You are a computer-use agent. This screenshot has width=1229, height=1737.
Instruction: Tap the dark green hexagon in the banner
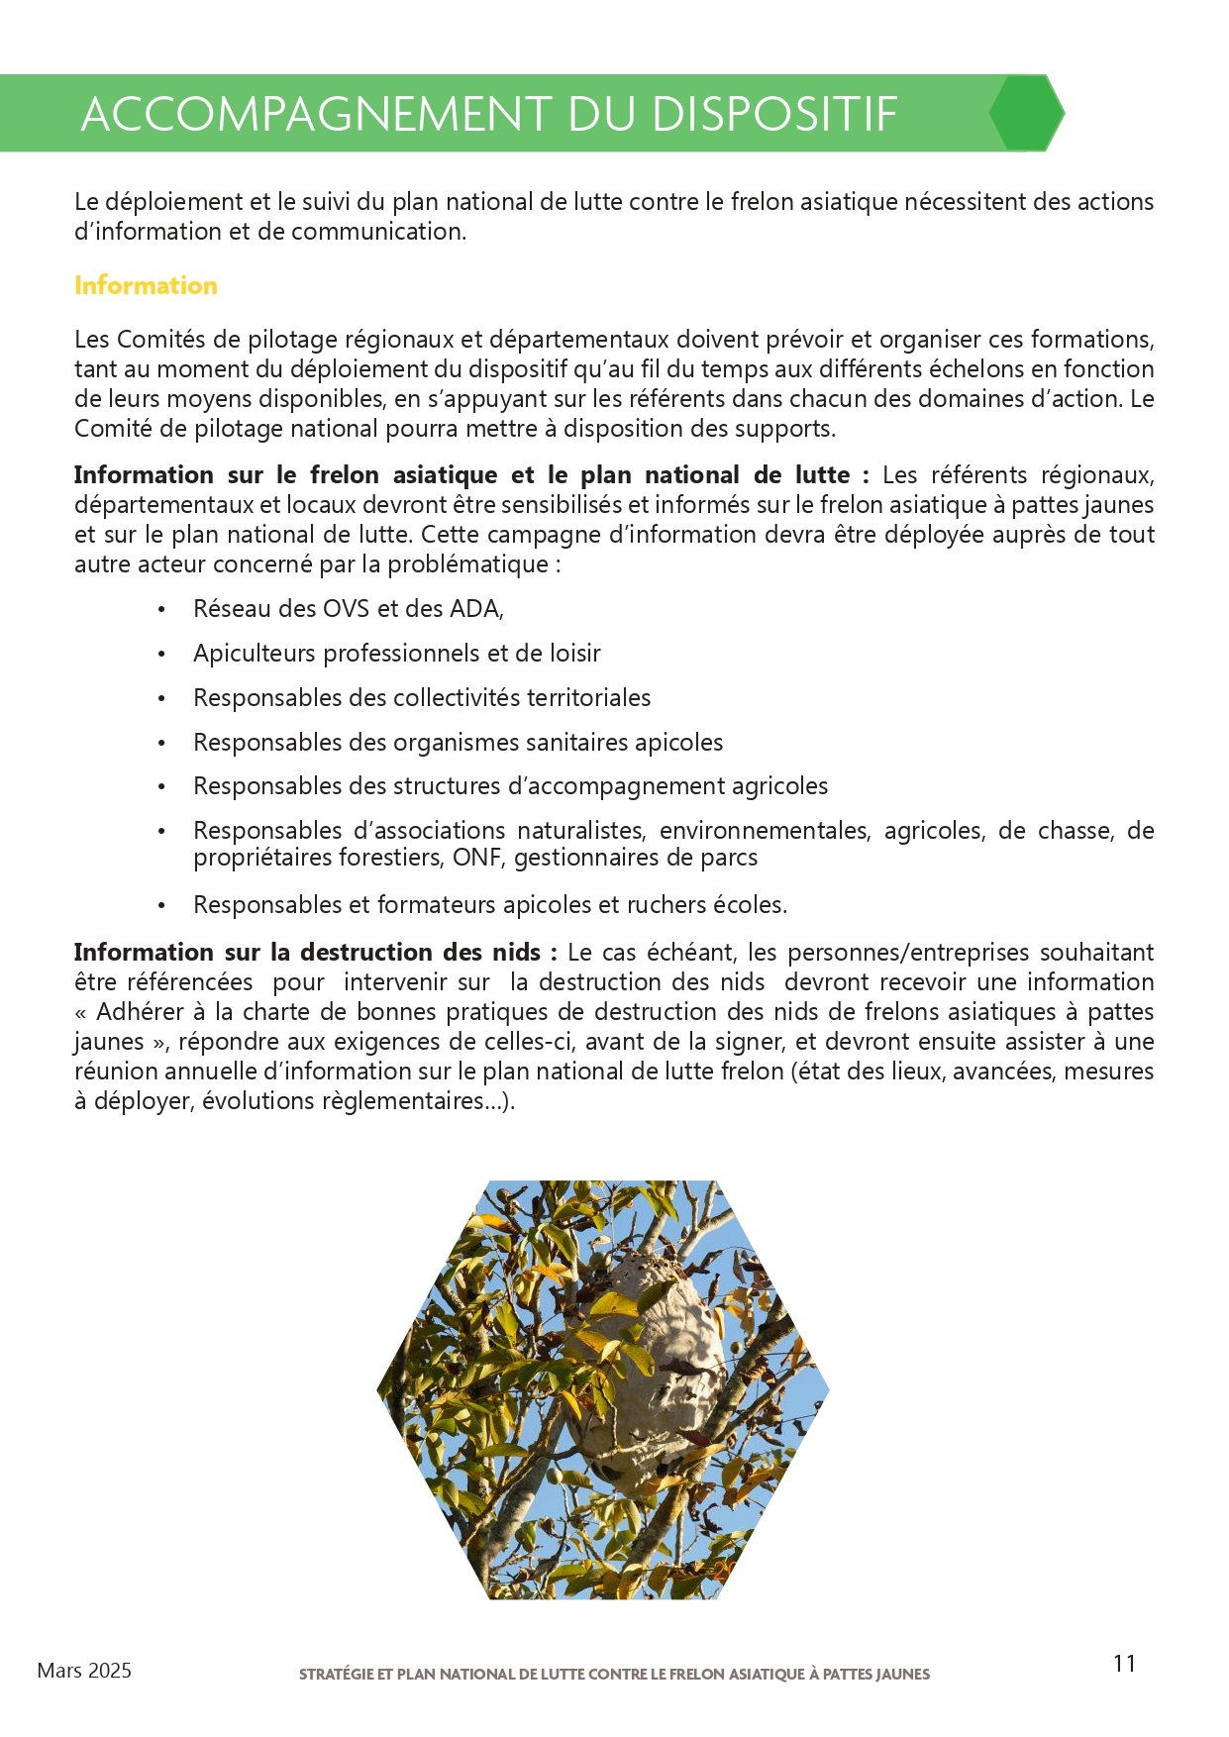(x=1026, y=113)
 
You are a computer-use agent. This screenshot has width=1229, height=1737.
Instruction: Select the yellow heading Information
(x=146, y=285)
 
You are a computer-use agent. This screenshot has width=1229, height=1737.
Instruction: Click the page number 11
(x=1124, y=1664)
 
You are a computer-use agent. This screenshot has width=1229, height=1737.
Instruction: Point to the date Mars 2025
(x=84, y=1671)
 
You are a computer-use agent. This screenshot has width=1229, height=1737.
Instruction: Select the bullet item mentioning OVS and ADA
(x=349, y=609)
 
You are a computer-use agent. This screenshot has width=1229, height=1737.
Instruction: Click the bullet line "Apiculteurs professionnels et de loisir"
(x=397, y=654)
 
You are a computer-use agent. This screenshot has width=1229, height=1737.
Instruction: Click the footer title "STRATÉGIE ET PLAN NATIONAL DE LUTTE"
(x=614, y=1675)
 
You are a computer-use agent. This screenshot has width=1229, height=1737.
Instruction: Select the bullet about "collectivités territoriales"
(x=422, y=698)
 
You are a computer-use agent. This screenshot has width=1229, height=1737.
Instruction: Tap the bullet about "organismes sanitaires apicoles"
(x=459, y=743)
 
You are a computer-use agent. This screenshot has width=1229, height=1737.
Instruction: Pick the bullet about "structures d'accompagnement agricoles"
(x=511, y=786)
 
